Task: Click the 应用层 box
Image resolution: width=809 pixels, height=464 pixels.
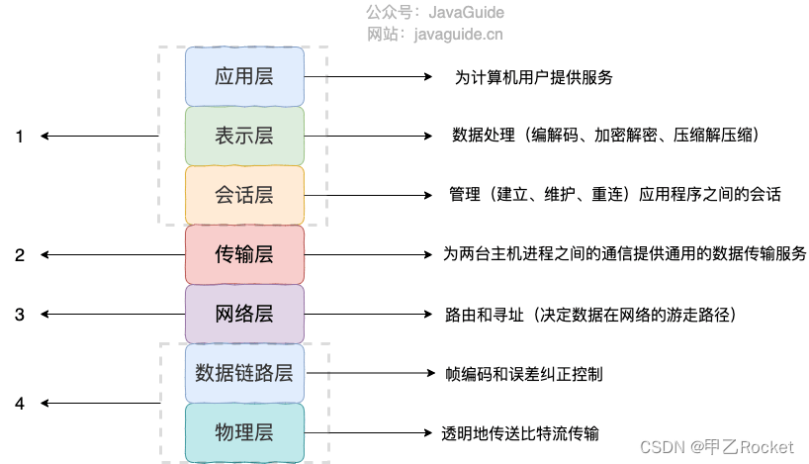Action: coord(244,76)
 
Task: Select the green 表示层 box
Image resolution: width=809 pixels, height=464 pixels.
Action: coord(244,136)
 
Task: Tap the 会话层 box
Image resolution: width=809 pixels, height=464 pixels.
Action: coord(244,195)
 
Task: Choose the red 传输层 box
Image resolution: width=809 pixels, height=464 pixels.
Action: coord(244,254)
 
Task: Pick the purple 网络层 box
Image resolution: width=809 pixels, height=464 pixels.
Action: coord(244,315)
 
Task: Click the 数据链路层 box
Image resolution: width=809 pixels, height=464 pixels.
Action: coord(244,373)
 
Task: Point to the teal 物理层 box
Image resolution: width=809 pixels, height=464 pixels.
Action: coord(244,432)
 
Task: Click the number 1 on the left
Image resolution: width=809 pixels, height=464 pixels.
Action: coord(19,137)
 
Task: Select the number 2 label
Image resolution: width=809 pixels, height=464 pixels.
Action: coord(19,255)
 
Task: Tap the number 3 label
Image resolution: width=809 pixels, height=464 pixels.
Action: coord(19,315)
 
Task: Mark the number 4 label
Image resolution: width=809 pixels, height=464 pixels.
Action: coord(19,404)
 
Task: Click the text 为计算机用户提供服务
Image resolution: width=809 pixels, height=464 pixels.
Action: coord(540,76)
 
